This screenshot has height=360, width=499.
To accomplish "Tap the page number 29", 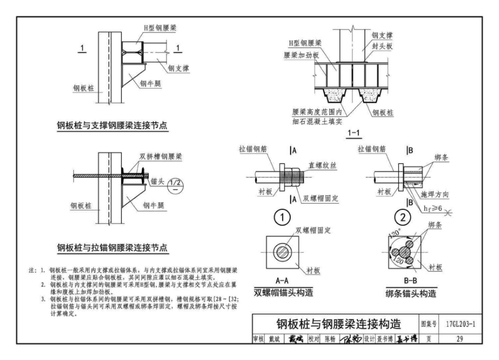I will (459, 338).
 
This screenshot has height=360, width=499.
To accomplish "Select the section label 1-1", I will (354, 134).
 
